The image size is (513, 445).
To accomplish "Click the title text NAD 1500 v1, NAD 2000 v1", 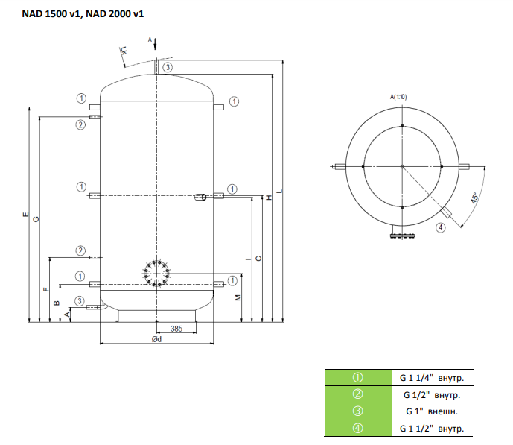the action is (83, 13).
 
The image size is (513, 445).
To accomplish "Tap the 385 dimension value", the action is (176, 329).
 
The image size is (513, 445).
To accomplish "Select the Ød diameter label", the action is (156, 339).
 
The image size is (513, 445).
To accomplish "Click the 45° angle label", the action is (475, 198).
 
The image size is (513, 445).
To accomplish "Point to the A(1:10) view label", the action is (398, 97).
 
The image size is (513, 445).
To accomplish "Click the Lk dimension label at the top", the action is (124, 51).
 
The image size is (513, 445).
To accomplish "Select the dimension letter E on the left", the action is (25, 215).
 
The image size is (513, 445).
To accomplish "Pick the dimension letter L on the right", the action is (279, 191).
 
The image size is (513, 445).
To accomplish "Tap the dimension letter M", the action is (238, 297).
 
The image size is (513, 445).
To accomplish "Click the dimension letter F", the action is (46, 289).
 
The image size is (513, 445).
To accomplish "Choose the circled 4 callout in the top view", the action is (440, 227).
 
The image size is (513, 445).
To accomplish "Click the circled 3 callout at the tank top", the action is (168, 67).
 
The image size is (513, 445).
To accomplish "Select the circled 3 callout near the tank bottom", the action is (80, 301).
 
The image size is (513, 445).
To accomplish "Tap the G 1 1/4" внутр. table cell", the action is (432, 378).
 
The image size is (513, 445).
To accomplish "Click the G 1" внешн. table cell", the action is (432, 411).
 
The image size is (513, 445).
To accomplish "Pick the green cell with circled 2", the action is (358, 394).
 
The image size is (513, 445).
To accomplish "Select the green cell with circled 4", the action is (358, 429).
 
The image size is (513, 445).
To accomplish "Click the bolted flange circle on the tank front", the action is (156, 274).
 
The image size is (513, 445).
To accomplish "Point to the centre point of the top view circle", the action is (402, 167).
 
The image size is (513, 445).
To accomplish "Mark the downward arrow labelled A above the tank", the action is (155, 44).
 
